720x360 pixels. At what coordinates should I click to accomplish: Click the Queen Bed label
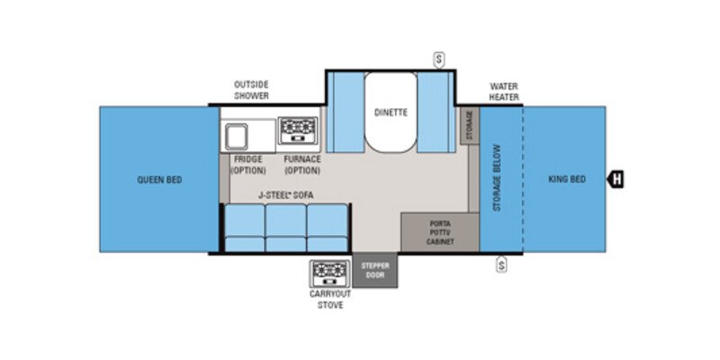(x=159, y=180)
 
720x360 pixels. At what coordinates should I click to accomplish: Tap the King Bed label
(x=567, y=180)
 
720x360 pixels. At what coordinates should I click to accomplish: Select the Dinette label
(x=391, y=112)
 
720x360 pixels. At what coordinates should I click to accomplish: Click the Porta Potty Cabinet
(x=439, y=233)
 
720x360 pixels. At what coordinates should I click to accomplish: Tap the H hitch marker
(x=616, y=179)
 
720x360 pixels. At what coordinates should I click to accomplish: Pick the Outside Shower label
(x=251, y=90)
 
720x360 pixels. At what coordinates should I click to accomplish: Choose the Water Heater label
(x=505, y=92)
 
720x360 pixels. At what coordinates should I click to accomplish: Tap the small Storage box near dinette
(x=468, y=127)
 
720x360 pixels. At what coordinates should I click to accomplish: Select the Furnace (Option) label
(x=302, y=165)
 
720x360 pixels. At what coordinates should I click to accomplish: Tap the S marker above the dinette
(x=439, y=59)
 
